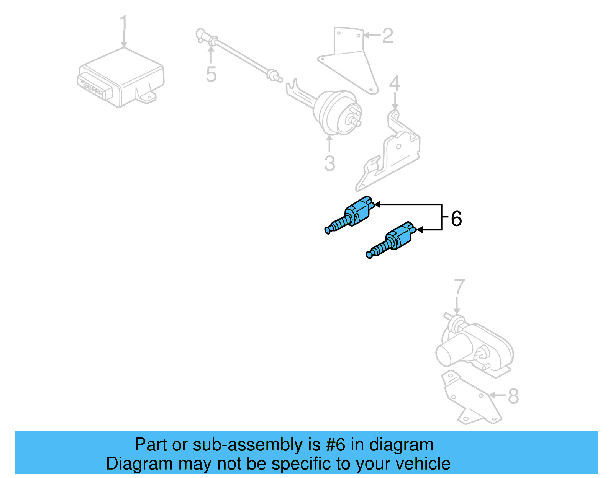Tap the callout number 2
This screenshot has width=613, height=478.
click(x=387, y=36)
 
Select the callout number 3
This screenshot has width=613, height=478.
click(x=329, y=163)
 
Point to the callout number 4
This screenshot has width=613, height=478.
click(x=395, y=84)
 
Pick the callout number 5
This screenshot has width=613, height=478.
click(x=211, y=74)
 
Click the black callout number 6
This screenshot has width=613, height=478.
click(x=456, y=219)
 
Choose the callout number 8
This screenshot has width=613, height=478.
click(x=513, y=396)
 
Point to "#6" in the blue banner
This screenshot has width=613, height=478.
click(x=335, y=445)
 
